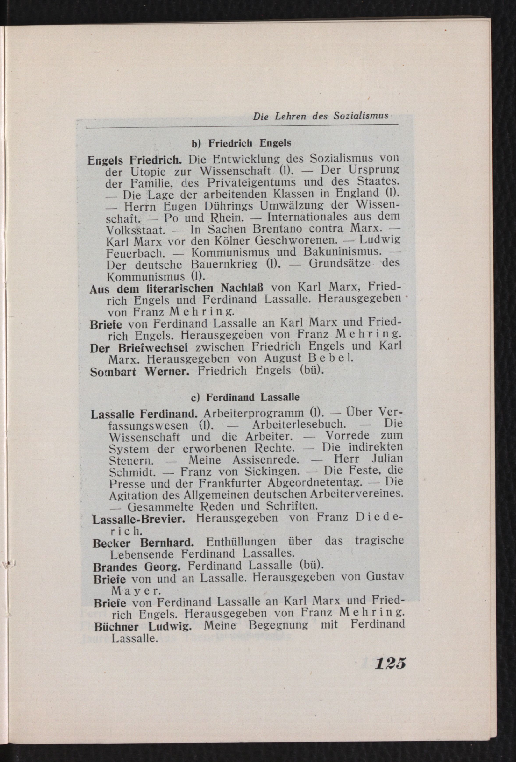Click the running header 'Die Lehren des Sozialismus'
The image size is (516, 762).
coord(320,116)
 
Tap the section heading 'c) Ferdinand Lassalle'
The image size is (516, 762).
coord(245,397)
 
